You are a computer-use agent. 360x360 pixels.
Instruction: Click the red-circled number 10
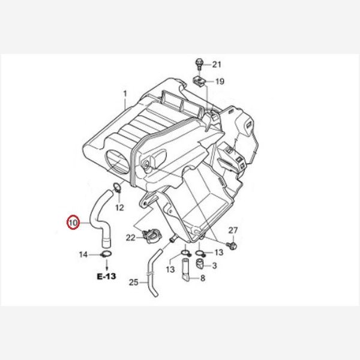coord(73,223)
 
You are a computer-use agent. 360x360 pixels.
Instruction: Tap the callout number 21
coord(217,65)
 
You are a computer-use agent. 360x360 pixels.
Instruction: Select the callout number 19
coord(220,81)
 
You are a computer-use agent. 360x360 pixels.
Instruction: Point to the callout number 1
coord(125,94)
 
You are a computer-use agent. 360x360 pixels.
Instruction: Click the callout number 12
coord(119,208)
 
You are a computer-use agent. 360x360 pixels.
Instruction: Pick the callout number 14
coord(83,254)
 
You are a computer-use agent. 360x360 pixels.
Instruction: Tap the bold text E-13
coord(107,276)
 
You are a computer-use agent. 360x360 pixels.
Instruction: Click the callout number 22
coord(130,238)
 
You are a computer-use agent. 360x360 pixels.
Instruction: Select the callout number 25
coord(134,282)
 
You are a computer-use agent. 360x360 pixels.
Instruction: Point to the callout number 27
coord(233,230)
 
